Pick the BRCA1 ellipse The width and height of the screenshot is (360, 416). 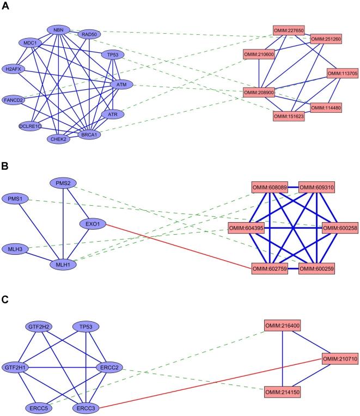click(x=89, y=134)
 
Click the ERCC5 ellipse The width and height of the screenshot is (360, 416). click(x=37, y=407)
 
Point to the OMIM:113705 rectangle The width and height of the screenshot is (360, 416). click(x=341, y=73)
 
